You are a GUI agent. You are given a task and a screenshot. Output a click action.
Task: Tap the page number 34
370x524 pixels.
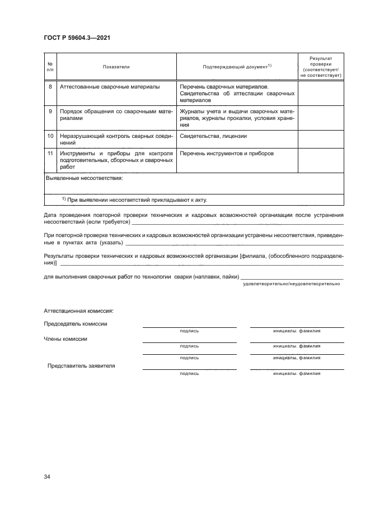tap(47, 476)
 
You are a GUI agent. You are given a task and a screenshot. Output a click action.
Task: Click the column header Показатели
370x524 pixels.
tap(116, 67)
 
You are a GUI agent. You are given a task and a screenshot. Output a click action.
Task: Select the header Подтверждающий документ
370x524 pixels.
tap(237, 67)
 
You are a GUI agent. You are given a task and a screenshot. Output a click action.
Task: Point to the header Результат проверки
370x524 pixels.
tap(321, 66)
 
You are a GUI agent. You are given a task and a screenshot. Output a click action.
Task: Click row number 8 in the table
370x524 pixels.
tap(50, 87)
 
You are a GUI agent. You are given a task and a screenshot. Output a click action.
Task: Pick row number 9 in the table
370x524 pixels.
tap(50, 112)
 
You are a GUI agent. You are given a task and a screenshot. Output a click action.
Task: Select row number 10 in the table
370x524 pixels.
tap(50, 136)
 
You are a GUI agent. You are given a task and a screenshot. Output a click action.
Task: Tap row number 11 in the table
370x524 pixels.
tap(50, 153)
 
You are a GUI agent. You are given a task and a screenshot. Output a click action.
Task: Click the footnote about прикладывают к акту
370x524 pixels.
tap(138, 199)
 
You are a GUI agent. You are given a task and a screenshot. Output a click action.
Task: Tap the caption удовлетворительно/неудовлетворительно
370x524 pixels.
tap(291, 284)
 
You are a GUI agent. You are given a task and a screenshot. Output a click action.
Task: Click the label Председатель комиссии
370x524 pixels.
tap(76, 324)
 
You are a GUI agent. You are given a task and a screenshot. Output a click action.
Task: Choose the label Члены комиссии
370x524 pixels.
tap(65, 339)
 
